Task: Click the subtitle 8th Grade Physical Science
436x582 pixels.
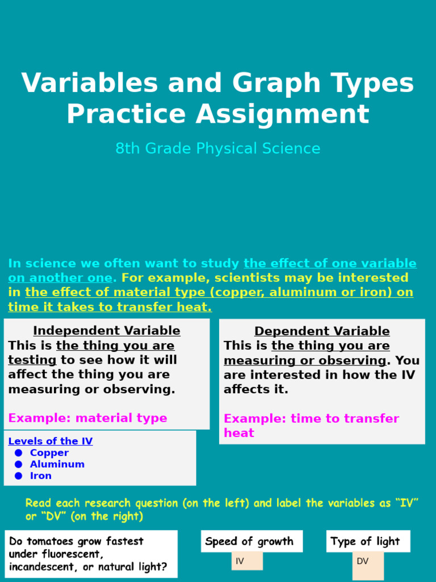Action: point(217,149)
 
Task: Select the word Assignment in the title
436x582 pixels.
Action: point(282,114)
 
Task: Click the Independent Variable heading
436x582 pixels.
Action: point(107,331)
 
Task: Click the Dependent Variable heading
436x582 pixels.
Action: point(322,331)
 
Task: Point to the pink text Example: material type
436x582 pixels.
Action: point(87,418)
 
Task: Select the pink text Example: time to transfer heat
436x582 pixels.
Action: point(311,425)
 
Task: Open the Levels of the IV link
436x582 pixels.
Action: point(51,441)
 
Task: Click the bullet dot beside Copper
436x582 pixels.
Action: point(19,453)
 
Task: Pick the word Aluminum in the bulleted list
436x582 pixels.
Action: point(57,464)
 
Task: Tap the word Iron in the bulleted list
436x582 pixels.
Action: point(40,476)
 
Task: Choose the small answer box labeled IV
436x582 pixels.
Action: point(246,561)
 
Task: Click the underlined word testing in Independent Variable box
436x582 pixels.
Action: point(32,360)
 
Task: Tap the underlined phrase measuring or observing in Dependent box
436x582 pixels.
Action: point(305,360)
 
